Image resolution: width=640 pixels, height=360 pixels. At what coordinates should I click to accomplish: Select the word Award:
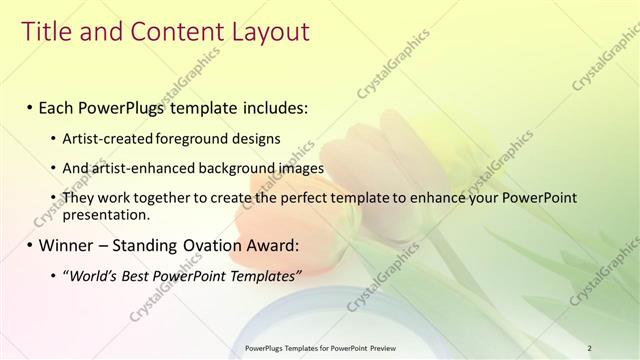(x=270, y=245)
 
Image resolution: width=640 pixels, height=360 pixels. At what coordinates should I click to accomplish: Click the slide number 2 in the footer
(x=590, y=348)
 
